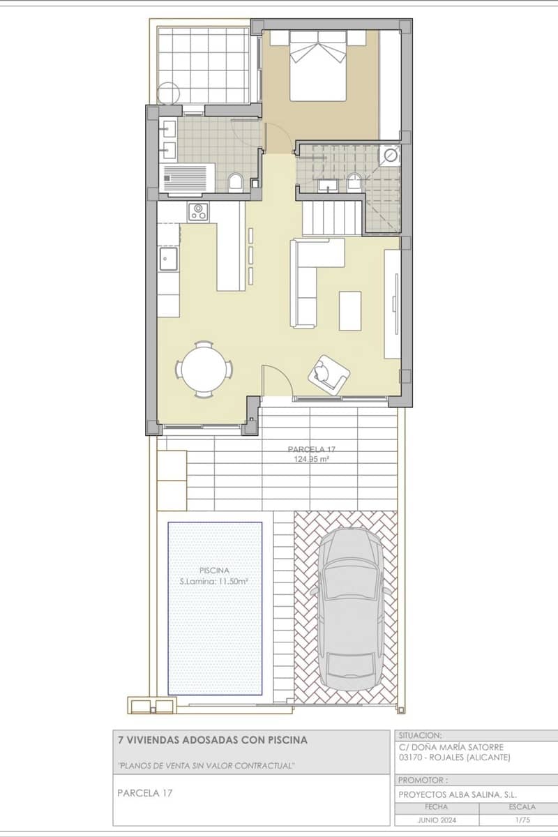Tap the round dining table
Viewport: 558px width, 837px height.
pyautogui.click(x=204, y=369)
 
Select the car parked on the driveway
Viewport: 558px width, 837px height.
pyautogui.click(x=352, y=607)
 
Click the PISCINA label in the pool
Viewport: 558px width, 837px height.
pyautogui.click(x=214, y=570)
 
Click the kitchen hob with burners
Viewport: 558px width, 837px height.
pyautogui.click(x=198, y=211)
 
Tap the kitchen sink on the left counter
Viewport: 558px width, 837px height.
pyautogui.click(x=167, y=259)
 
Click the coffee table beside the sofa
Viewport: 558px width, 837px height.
pyautogui.click(x=350, y=310)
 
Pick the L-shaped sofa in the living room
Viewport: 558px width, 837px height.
pyautogui.click(x=310, y=279)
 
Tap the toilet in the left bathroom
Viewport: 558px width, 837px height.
pyautogui.click(x=235, y=183)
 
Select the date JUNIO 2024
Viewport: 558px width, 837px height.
pyautogui.click(x=437, y=820)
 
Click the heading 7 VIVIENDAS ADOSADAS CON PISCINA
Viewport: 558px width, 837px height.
pyautogui.click(x=212, y=739)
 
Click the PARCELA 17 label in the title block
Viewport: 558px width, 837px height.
pyautogui.click(x=144, y=793)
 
